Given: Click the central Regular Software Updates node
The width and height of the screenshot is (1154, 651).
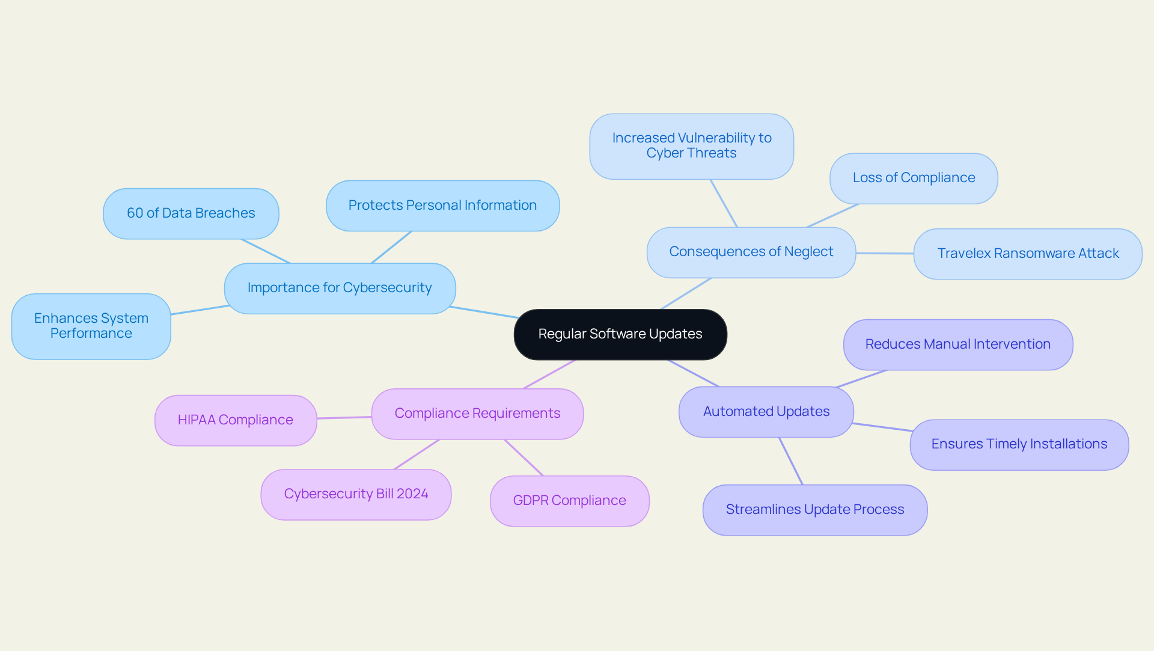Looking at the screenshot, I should (x=620, y=334).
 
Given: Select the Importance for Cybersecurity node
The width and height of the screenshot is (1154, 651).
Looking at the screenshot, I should (x=340, y=288).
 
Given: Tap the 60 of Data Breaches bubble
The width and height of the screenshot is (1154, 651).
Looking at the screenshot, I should (x=191, y=213).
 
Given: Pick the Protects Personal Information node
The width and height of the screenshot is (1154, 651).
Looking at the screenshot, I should (x=442, y=206).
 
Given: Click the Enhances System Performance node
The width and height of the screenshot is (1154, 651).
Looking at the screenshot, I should (x=91, y=326).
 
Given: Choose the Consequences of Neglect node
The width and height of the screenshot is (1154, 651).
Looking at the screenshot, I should (x=751, y=252).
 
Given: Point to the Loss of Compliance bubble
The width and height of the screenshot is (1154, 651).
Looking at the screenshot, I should (x=914, y=178).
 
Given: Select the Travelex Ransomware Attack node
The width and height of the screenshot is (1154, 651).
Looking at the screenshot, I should (x=1028, y=254).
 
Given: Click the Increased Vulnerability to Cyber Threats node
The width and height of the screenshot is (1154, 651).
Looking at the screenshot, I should (x=691, y=146).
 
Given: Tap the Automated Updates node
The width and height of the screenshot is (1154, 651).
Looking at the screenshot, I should (x=766, y=412).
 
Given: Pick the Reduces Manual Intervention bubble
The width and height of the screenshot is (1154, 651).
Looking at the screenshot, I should (x=957, y=344).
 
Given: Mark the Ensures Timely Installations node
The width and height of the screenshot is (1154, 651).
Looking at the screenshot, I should (x=1019, y=444).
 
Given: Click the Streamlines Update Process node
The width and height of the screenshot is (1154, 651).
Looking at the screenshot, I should (x=814, y=510).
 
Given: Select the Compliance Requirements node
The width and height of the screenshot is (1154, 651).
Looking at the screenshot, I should (x=477, y=414).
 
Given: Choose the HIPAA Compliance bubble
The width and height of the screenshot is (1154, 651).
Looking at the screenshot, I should (x=235, y=420).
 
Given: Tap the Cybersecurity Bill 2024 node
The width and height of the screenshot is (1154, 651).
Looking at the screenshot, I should (x=356, y=494).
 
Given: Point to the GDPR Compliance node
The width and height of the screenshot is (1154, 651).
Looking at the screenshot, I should (x=569, y=501).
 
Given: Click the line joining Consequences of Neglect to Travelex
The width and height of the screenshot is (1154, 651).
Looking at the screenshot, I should (x=885, y=253).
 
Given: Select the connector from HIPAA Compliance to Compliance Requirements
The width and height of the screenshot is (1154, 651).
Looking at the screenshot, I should (x=344, y=417).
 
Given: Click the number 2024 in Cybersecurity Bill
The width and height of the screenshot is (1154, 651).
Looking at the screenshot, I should (x=412, y=494).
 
